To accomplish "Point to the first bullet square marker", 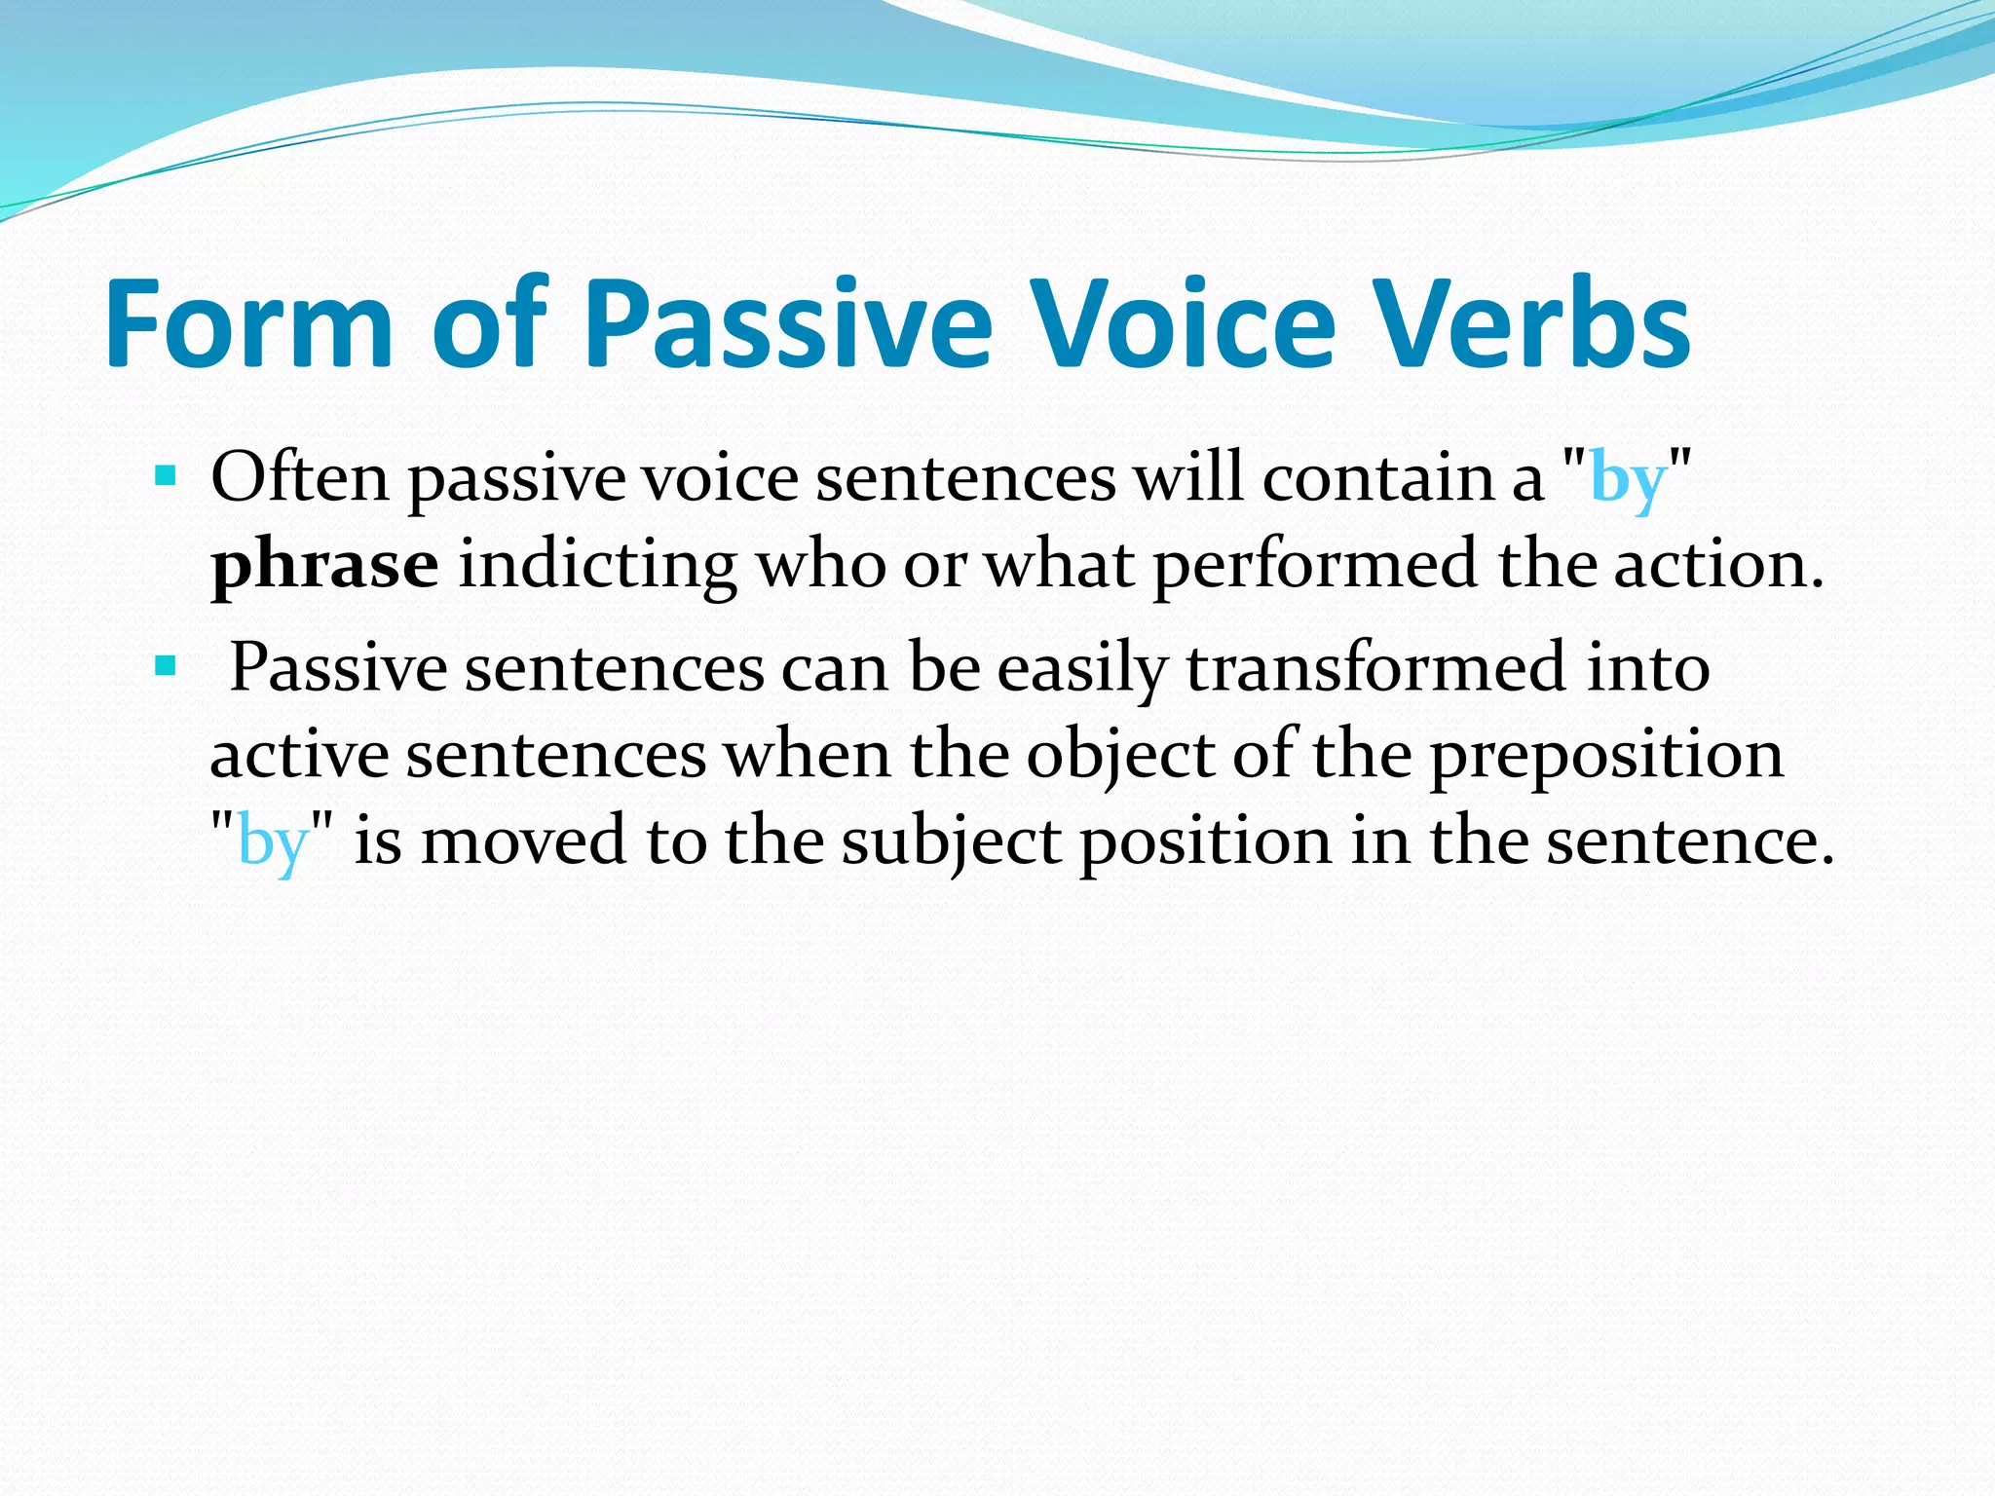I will [x=166, y=476].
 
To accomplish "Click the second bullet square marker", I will [x=166, y=666].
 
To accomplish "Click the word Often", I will [x=299, y=477].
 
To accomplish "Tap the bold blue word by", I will [x=1627, y=481].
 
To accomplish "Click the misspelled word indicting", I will [x=597, y=565].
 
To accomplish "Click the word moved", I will [x=523, y=840].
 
